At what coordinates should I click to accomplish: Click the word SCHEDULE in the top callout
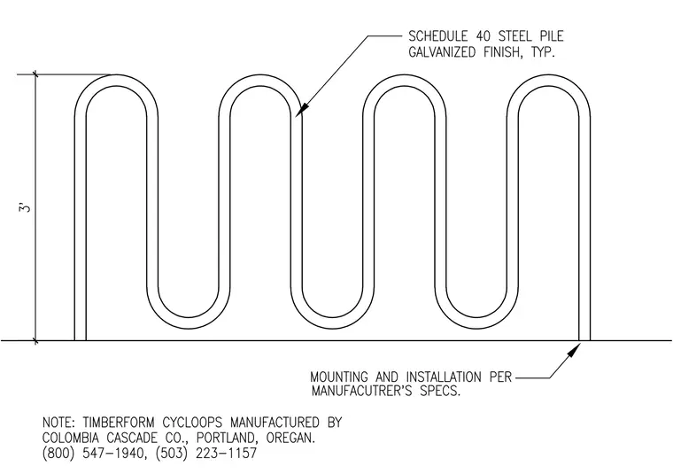(x=437, y=36)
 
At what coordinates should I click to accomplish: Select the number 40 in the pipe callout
(x=483, y=36)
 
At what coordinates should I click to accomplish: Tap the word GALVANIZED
(x=442, y=52)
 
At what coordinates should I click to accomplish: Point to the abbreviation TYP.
(x=543, y=52)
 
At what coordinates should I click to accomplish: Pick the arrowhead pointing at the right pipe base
(x=573, y=350)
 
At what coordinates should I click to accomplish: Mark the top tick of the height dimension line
(x=35, y=74)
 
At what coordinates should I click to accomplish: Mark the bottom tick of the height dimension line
(x=35, y=341)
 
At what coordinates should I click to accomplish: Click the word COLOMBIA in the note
(x=70, y=439)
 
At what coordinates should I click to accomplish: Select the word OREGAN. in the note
(x=290, y=439)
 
